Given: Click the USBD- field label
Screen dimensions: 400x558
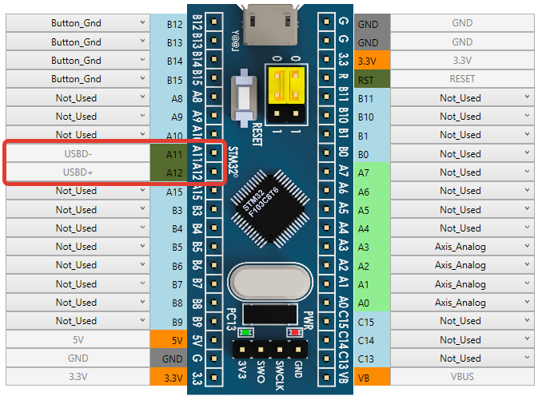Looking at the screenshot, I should pyautogui.click(x=77, y=153).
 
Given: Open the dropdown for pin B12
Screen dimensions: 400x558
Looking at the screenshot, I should pyautogui.click(x=77, y=24).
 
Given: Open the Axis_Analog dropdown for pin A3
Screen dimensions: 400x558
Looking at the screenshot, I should pyautogui.click(x=472, y=247).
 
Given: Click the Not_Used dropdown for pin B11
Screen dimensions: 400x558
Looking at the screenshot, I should pyautogui.click(x=472, y=98).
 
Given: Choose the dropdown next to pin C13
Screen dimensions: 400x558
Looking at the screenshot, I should pyautogui.click(x=472, y=358).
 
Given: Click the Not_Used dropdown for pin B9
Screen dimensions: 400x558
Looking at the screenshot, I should pyautogui.click(x=77, y=321).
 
